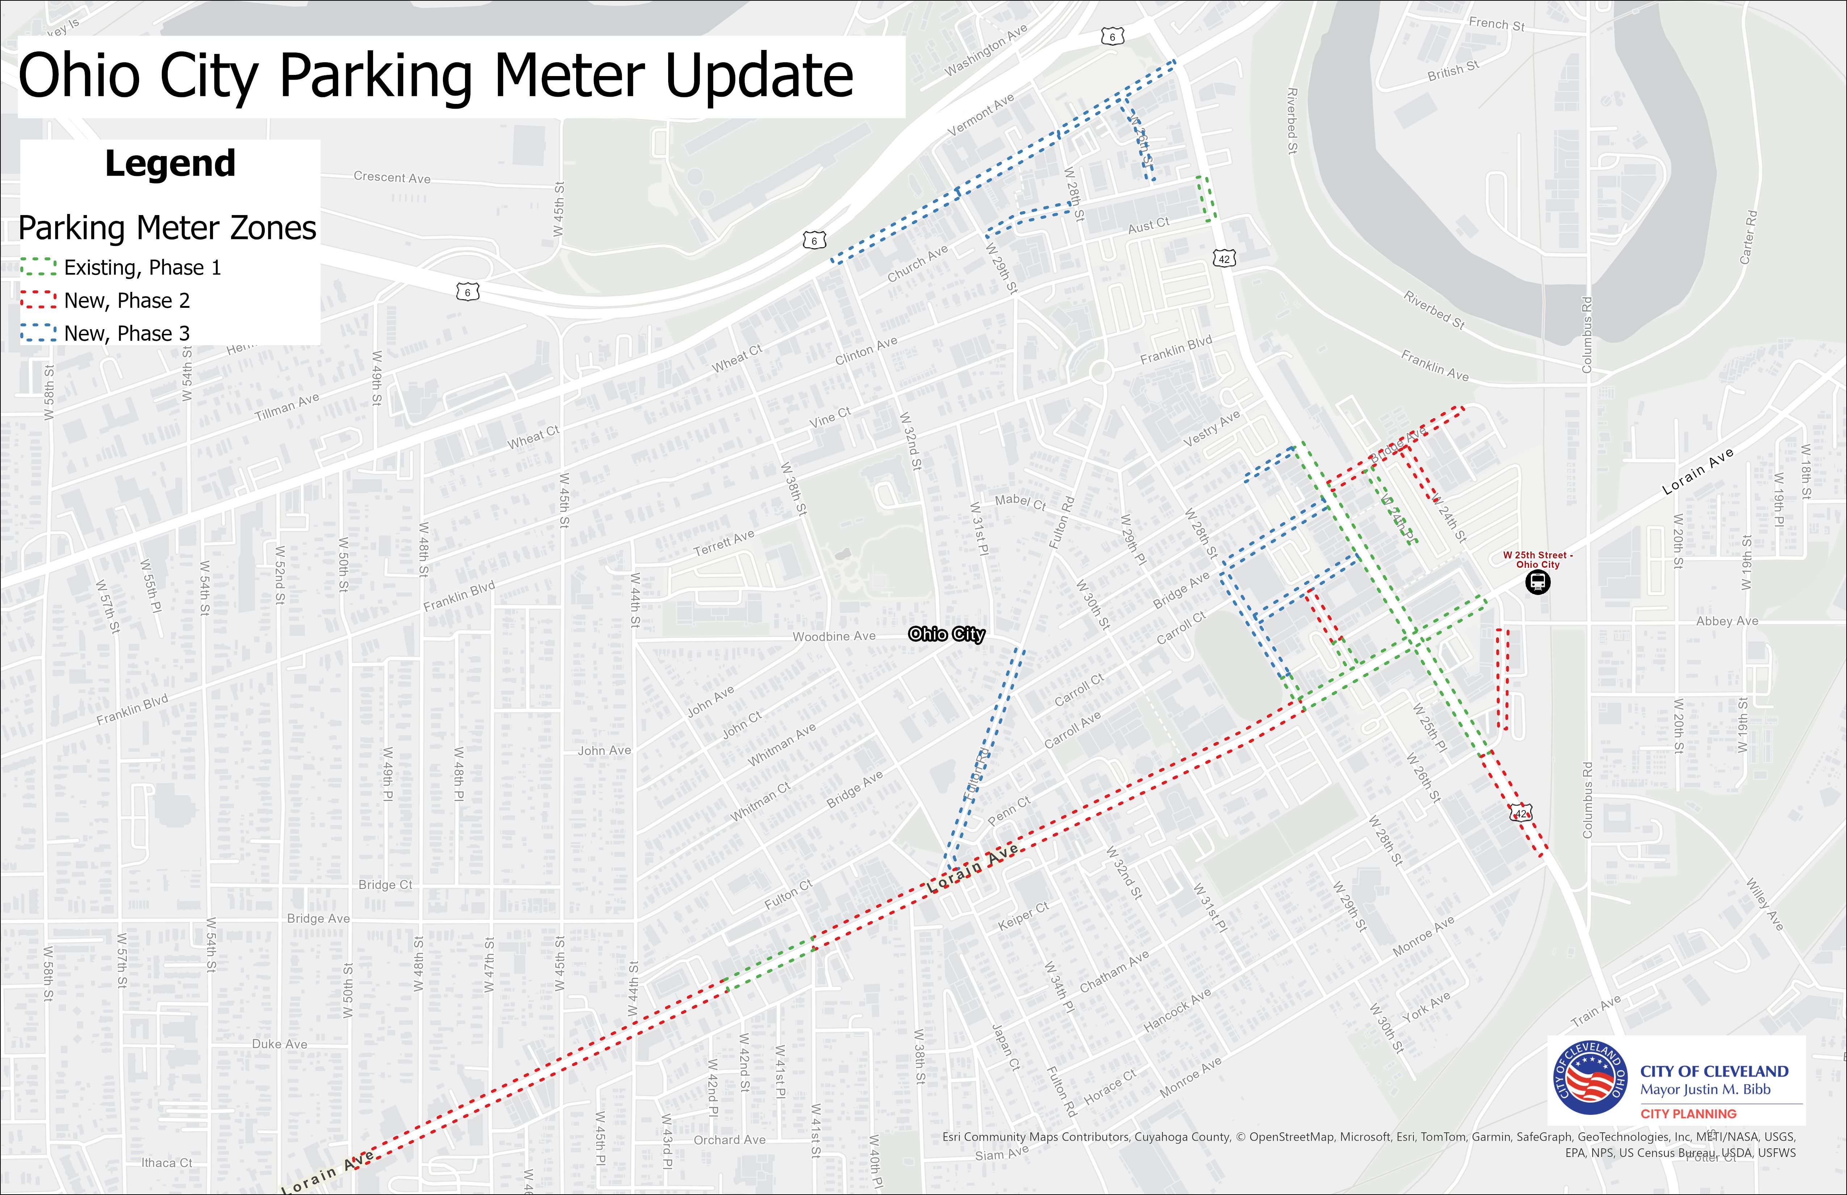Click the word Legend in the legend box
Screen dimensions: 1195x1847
[x=170, y=164]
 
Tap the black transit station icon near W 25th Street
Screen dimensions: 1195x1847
[x=1537, y=583]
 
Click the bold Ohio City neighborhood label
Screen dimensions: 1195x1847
[x=946, y=635]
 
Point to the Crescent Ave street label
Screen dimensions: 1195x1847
[x=392, y=178]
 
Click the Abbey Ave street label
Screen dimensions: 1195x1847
[x=1727, y=621]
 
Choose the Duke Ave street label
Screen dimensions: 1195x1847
[x=279, y=1044]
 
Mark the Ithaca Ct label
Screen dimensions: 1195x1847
[x=167, y=1162]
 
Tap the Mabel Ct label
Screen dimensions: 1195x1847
[x=1021, y=501]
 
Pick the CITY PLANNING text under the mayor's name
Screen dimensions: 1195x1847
[x=1688, y=1114]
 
